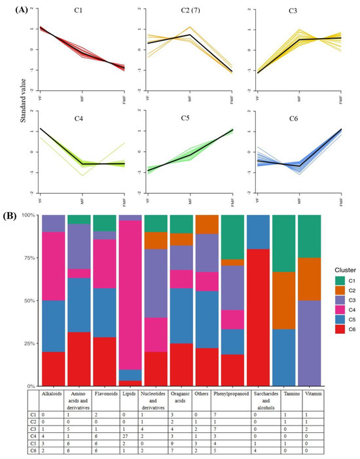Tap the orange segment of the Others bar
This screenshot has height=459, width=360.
click(x=206, y=224)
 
